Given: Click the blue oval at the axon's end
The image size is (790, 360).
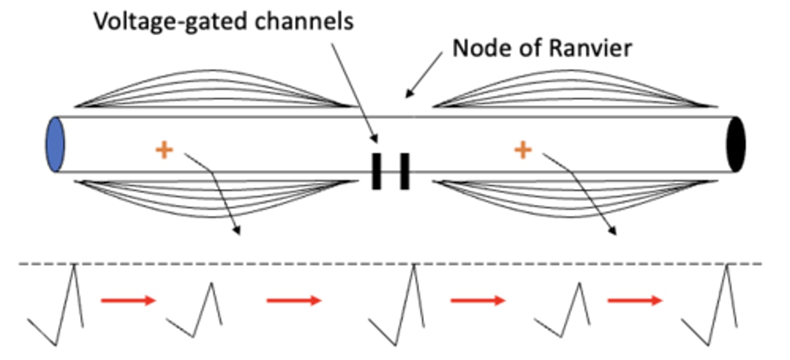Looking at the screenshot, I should pyautogui.click(x=55, y=144).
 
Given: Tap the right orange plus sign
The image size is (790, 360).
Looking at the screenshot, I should pyautogui.click(x=523, y=150).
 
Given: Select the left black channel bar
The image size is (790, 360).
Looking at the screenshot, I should pyautogui.click(x=376, y=171).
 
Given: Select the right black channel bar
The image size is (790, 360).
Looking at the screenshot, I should pyautogui.click(x=404, y=171).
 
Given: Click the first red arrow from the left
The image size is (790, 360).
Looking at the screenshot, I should pyautogui.click(x=128, y=300).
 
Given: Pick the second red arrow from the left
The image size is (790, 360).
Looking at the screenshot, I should pyautogui.click(x=294, y=300).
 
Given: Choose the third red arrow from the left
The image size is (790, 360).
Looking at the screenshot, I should pyautogui.click(x=477, y=300).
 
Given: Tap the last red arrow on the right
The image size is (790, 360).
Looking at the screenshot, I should pyautogui.click(x=635, y=300).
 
